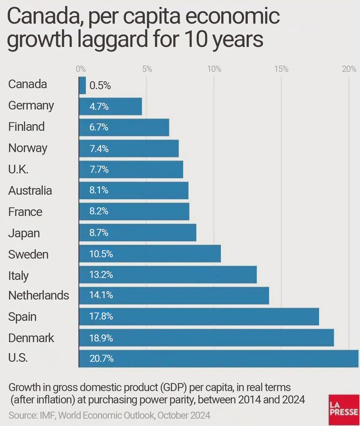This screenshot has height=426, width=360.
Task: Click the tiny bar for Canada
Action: coord(82,86)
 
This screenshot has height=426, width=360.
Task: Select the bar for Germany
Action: coord(111,106)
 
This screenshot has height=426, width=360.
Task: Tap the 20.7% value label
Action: coord(102,359)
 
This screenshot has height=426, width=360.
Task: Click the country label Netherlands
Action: coord(39,295)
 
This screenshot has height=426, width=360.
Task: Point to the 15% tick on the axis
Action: coord(281,69)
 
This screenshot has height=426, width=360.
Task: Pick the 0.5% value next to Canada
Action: coord(100,86)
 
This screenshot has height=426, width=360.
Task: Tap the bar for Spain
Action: coord(199,317)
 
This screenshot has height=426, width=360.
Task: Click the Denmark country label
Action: coord(31,338)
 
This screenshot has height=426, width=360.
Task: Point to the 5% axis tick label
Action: coord(147,69)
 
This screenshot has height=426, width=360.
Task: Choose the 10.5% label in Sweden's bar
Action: coord(101,254)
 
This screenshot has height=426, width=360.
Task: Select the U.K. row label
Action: coord(18,169)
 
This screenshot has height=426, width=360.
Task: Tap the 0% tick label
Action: coord(81,69)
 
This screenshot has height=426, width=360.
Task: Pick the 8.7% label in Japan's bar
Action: coord(99,233)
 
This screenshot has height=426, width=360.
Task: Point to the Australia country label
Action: coord(30,191)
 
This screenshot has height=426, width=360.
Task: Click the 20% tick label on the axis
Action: coord(349,69)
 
